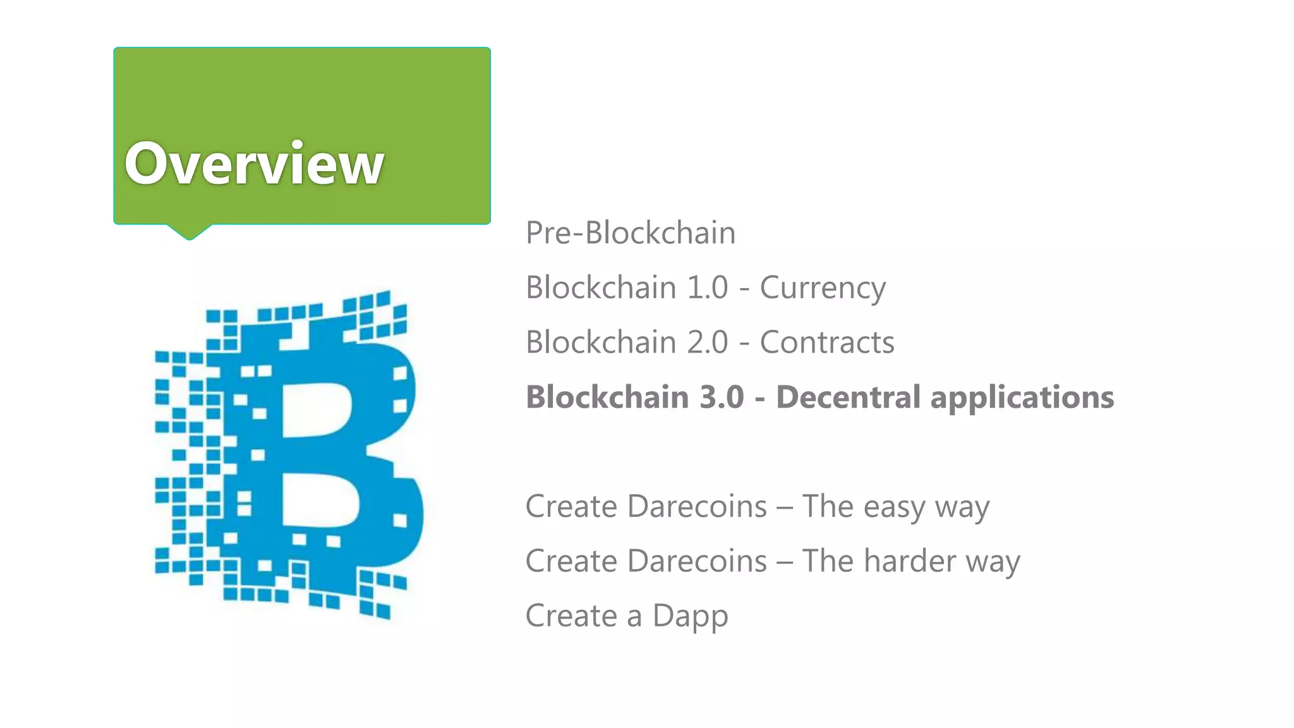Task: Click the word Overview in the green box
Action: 254,164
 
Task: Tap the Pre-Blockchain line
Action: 631,233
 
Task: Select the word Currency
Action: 823,288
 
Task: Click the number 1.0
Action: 708,288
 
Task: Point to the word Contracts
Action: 827,343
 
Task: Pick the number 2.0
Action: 708,343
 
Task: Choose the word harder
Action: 910,561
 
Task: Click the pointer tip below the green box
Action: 189,235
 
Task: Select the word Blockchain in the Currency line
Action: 601,288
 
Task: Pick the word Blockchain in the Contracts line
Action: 601,343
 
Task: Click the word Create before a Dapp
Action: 571,616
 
